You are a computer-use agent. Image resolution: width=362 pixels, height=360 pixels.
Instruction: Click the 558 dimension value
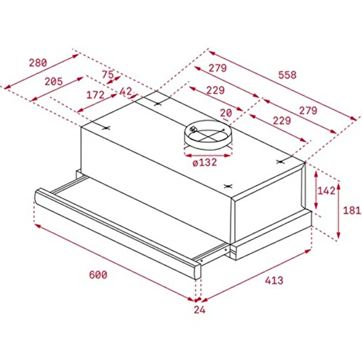coord(288,75)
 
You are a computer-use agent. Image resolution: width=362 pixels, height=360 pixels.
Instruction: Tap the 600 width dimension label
coord(98,275)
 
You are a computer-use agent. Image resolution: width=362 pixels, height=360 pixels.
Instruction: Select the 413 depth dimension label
coord(273,280)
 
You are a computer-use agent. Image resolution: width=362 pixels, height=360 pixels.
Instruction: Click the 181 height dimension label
coord(352,210)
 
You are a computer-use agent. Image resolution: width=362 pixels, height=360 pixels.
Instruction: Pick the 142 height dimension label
coord(326,191)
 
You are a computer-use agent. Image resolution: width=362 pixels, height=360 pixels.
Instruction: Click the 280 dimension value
coord(38,63)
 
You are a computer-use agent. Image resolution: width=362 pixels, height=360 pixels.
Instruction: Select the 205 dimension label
coord(54,81)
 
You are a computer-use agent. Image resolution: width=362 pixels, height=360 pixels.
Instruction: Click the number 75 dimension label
coord(107,75)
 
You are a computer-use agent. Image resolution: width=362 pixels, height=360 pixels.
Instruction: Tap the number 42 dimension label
coord(125,92)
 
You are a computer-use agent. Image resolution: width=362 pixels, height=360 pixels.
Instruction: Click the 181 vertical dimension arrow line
coord(340,210)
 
